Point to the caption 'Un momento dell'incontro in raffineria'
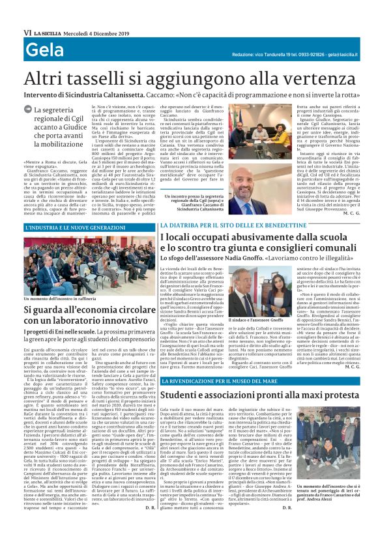click(65, 300)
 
